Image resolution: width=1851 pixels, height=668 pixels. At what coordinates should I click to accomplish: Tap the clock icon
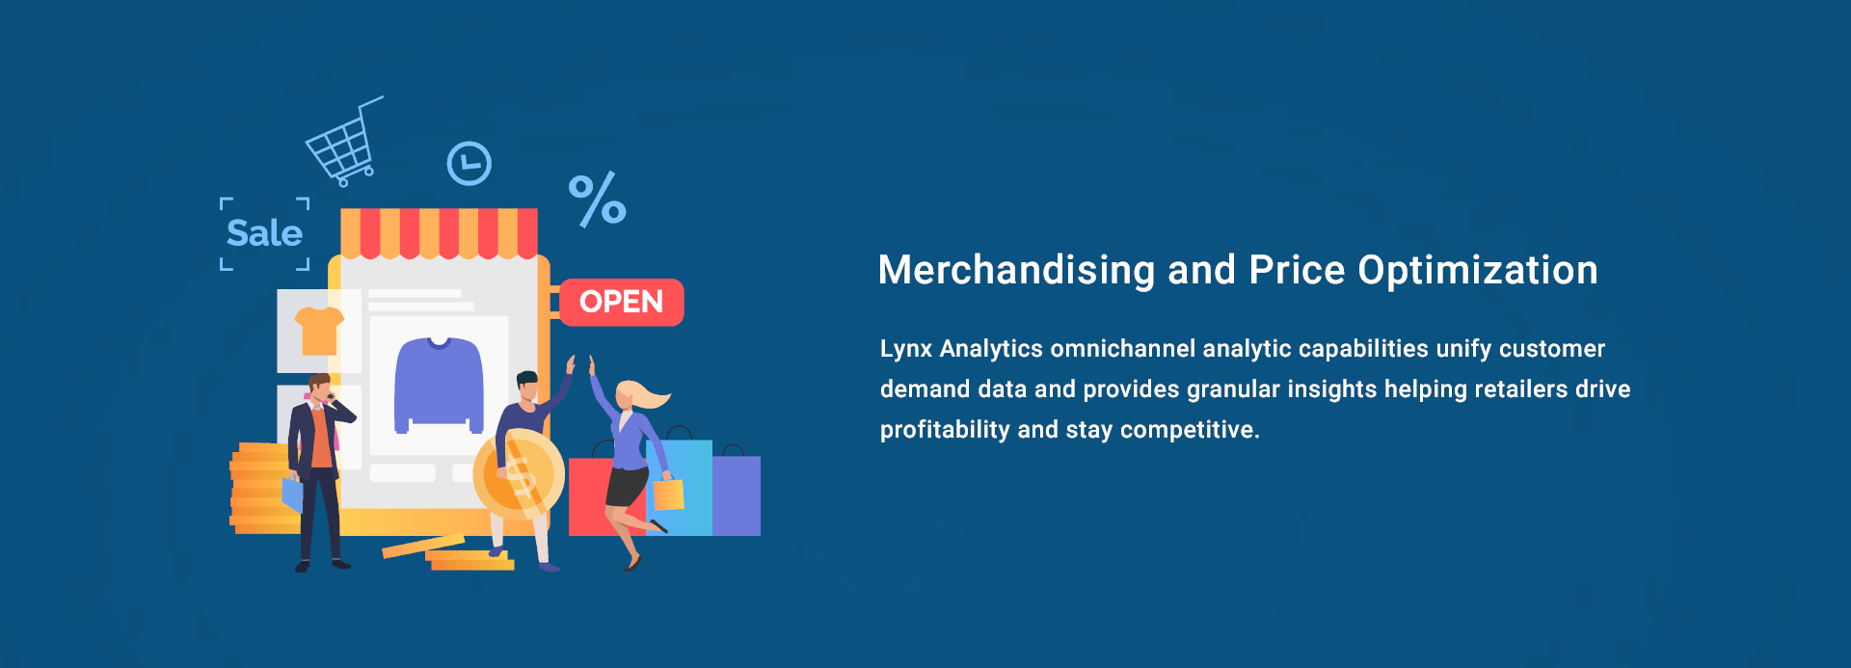[469, 164]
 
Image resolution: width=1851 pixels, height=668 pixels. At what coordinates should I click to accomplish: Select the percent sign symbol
[597, 200]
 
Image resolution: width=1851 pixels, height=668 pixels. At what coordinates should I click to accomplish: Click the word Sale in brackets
[264, 233]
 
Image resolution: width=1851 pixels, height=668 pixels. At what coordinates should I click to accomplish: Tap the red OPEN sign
[622, 302]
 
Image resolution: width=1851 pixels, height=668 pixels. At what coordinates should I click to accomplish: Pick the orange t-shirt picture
[319, 331]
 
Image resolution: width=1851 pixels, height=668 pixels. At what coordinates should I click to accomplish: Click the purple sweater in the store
[439, 385]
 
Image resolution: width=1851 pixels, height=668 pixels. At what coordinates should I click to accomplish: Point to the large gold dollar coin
[519, 474]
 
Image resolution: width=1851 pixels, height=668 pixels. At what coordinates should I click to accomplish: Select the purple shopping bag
[737, 494]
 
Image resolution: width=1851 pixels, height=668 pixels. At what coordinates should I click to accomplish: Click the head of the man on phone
[319, 387]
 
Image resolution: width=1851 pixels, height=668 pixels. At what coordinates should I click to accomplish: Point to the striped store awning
[439, 233]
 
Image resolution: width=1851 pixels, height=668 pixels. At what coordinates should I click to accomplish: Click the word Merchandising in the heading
[1016, 271]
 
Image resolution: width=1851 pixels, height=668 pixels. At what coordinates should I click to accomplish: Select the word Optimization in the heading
[1478, 271]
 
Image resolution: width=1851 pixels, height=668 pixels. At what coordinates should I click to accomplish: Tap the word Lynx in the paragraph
[905, 349]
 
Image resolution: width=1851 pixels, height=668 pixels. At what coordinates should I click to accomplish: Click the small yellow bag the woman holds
[668, 494]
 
